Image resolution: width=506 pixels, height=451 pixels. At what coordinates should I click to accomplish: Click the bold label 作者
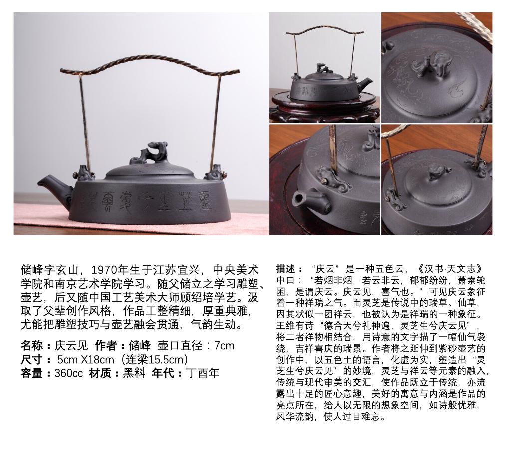click(x=106, y=345)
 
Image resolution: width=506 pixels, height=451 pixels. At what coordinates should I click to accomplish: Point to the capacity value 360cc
click(x=68, y=373)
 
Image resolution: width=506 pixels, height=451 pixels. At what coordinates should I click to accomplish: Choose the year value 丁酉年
click(x=202, y=373)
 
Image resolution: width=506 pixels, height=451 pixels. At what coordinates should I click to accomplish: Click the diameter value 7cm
click(x=224, y=345)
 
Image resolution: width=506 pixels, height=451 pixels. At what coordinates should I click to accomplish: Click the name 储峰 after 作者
click(x=139, y=345)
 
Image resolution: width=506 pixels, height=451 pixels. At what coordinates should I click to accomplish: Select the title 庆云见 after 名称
click(x=71, y=345)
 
